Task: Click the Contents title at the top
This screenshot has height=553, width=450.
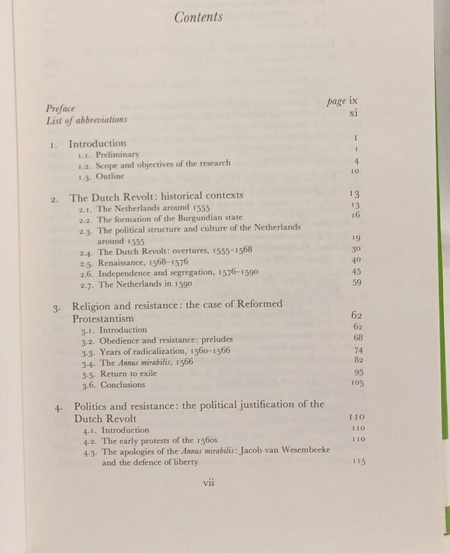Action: (x=199, y=17)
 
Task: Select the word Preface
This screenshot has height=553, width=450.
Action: (x=60, y=108)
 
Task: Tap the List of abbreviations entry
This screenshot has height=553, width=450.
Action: (x=86, y=120)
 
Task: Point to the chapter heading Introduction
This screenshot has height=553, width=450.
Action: (x=97, y=143)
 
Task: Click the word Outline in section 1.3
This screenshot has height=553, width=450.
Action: (x=110, y=176)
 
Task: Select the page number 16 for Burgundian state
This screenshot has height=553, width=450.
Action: (x=355, y=215)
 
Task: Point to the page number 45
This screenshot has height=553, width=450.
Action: (x=356, y=272)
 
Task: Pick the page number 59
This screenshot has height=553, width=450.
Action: (x=356, y=283)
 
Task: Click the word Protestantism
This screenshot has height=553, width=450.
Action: (x=104, y=318)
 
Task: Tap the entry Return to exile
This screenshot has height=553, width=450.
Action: (x=128, y=374)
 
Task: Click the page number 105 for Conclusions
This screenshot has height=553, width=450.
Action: (x=357, y=383)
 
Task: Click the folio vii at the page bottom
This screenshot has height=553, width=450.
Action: (x=209, y=482)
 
